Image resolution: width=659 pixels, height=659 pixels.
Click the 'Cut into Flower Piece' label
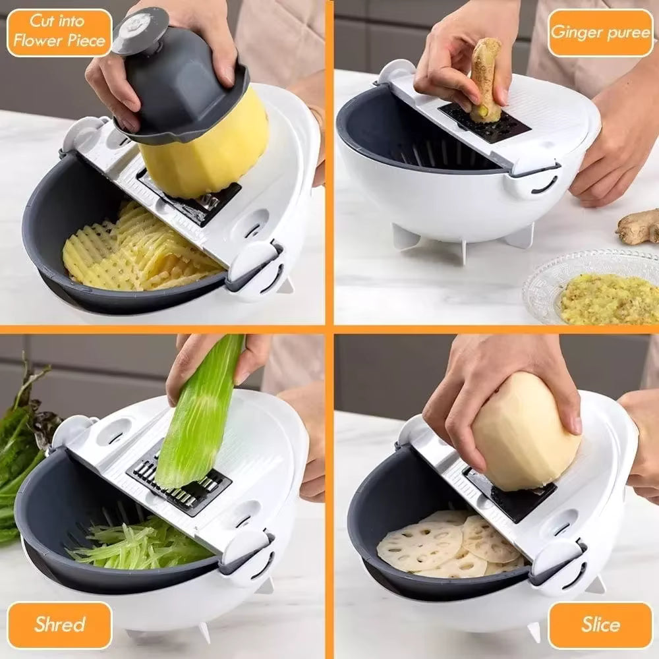coord(59,32)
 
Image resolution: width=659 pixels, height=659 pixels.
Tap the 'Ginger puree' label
coord(600,32)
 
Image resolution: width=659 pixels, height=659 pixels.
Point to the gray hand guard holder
coord(178,86)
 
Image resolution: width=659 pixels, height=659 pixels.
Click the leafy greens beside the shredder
coord(23,448)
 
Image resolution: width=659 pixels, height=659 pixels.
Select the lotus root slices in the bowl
coord(448,544)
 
